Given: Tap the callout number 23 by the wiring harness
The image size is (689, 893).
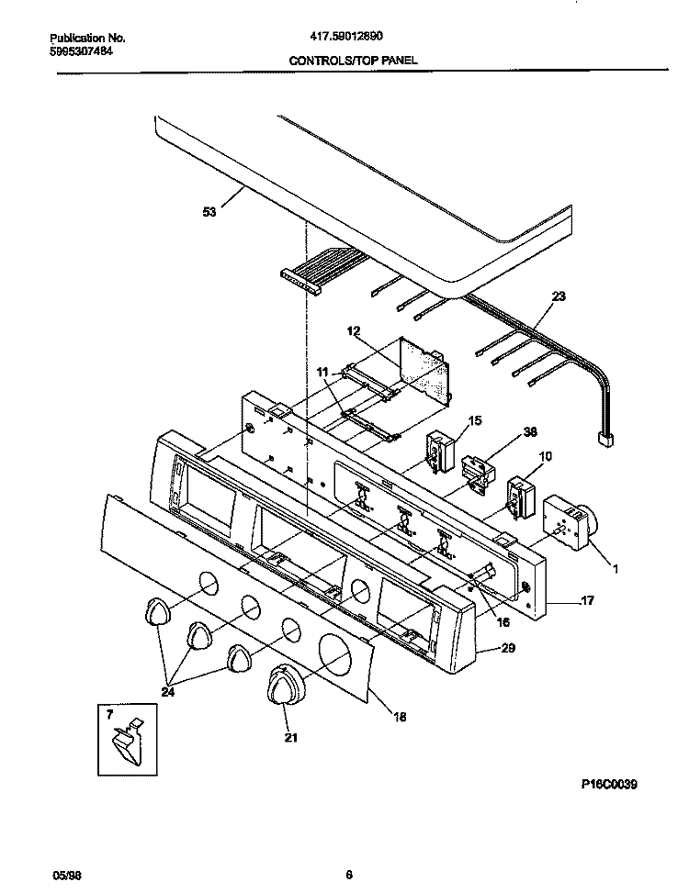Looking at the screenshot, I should (558, 296).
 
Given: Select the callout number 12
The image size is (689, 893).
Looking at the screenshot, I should (354, 329).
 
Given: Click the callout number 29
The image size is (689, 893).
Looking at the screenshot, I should (508, 648).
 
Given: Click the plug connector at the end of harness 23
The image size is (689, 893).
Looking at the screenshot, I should (605, 440).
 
